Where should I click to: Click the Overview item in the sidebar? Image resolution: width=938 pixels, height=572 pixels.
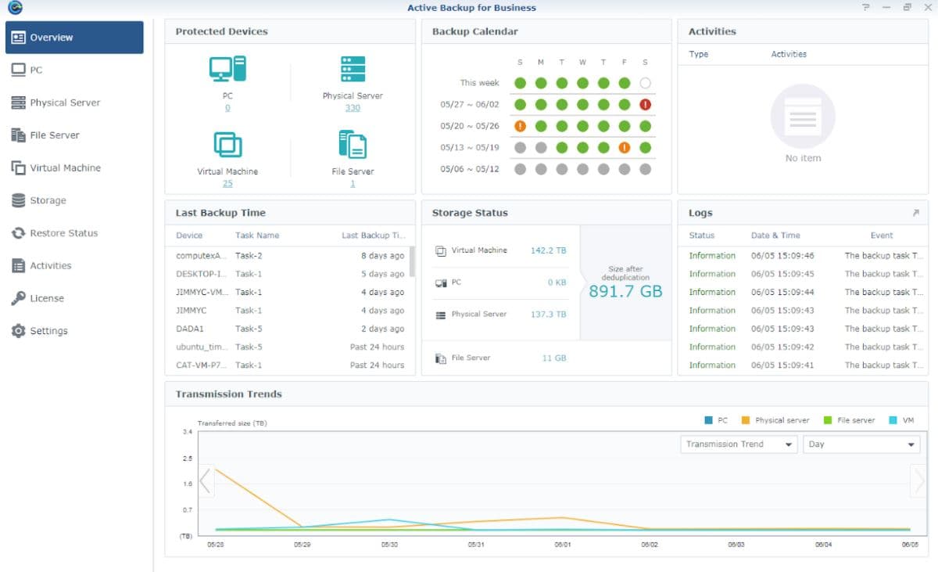pyautogui.click(x=74, y=38)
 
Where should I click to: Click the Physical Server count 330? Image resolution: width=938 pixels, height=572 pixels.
pyautogui.click(x=353, y=108)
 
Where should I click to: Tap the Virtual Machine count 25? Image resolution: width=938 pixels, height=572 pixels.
pyautogui.click(x=227, y=183)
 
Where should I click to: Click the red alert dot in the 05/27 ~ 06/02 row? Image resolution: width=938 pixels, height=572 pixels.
pyautogui.click(x=645, y=104)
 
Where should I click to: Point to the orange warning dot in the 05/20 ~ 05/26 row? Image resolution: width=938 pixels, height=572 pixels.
pyautogui.click(x=520, y=126)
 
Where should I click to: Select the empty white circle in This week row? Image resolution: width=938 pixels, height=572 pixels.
pyautogui.click(x=645, y=83)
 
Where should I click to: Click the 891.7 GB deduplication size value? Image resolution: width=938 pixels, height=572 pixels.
pyautogui.click(x=625, y=291)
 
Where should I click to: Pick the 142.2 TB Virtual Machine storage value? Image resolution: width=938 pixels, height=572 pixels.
pyautogui.click(x=548, y=250)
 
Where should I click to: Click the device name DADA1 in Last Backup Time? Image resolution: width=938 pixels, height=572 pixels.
pyautogui.click(x=190, y=329)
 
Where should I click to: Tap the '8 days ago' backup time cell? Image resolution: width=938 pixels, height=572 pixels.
pyautogui.click(x=383, y=255)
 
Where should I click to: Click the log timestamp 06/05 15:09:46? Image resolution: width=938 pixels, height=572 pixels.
pyautogui.click(x=782, y=255)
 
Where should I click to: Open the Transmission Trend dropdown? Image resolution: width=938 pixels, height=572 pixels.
pyautogui.click(x=739, y=444)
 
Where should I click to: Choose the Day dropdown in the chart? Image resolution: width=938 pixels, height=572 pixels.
pyautogui.click(x=861, y=444)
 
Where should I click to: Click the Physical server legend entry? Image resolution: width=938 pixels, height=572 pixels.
pyautogui.click(x=775, y=420)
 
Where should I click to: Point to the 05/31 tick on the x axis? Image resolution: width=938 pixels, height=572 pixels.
pyautogui.click(x=476, y=545)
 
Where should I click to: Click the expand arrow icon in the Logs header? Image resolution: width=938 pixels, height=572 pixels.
pyautogui.click(x=916, y=213)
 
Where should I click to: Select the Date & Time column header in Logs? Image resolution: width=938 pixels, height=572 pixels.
pyautogui.click(x=775, y=235)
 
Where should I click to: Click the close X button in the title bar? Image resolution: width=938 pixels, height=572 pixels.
pyautogui.click(x=928, y=8)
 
